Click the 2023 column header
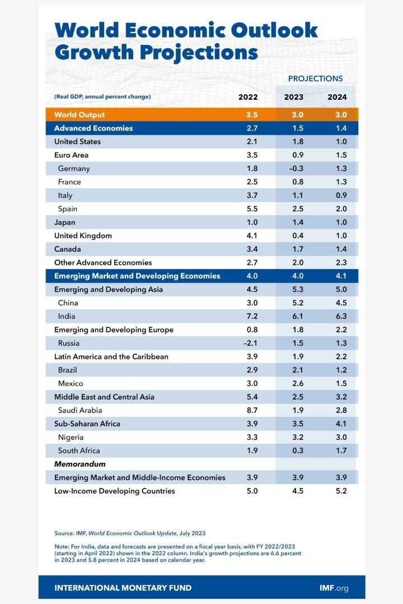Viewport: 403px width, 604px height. click(x=294, y=97)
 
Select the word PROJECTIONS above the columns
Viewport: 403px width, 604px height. click(x=315, y=78)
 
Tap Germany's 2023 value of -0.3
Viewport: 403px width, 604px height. click(x=294, y=169)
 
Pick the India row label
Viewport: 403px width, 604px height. click(x=67, y=317)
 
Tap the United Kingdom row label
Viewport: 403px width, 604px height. click(x=83, y=236)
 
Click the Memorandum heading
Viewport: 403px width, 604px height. click(x=80, y=464)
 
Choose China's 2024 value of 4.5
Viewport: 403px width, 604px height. click(x=337, y=303)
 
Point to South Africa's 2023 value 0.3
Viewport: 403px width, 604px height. click(x=294, y=451)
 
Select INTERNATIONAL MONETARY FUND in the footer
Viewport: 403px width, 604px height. click(x=123, y=588)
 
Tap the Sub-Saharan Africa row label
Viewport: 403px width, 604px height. click(x=87, y=424)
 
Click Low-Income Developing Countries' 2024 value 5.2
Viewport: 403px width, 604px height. click(x=337, y=491)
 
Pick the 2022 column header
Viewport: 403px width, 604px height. click(x=248, y=97)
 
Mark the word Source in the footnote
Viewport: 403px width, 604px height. click(x=64, y=533)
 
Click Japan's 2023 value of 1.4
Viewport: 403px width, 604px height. click(x=294, y=222)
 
